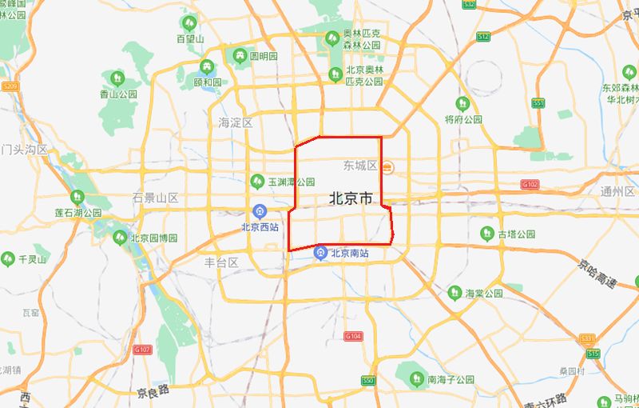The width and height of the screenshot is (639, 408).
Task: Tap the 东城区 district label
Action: pos(359,166)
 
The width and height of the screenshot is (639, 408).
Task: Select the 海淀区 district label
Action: pos(235,122)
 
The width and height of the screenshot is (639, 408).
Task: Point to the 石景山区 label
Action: pos(156,198)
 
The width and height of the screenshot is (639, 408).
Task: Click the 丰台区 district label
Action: pos(222,262)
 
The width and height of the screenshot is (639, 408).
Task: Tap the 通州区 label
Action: pos(618,191)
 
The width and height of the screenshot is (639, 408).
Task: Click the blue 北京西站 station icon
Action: pos(260,211)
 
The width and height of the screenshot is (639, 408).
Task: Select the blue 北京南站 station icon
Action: pos(320,254)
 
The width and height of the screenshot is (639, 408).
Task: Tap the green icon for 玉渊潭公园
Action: pos(257,181)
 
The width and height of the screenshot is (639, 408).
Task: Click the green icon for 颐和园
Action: pos(208,67)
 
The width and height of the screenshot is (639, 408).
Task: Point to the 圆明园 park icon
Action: pos(240,55)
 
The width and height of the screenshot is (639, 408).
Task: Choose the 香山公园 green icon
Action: pos(117,78)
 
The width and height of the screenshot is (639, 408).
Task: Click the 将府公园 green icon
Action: pos(462,103)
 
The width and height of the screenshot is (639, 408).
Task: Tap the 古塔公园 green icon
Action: pos(487,234)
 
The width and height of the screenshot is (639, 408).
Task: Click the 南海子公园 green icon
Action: pos(416,378)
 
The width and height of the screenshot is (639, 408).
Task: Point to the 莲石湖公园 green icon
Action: pos(77,197)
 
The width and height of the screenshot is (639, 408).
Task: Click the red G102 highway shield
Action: pos(530,184)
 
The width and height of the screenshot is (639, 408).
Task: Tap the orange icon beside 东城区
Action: pos(387,166)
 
